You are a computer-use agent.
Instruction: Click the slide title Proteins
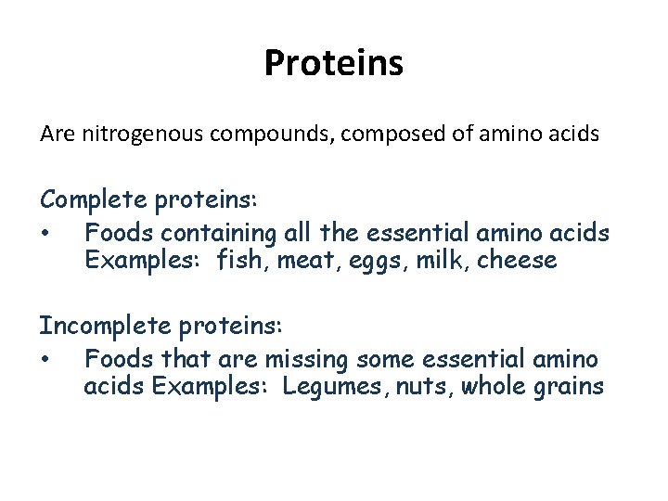pos(333,63)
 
